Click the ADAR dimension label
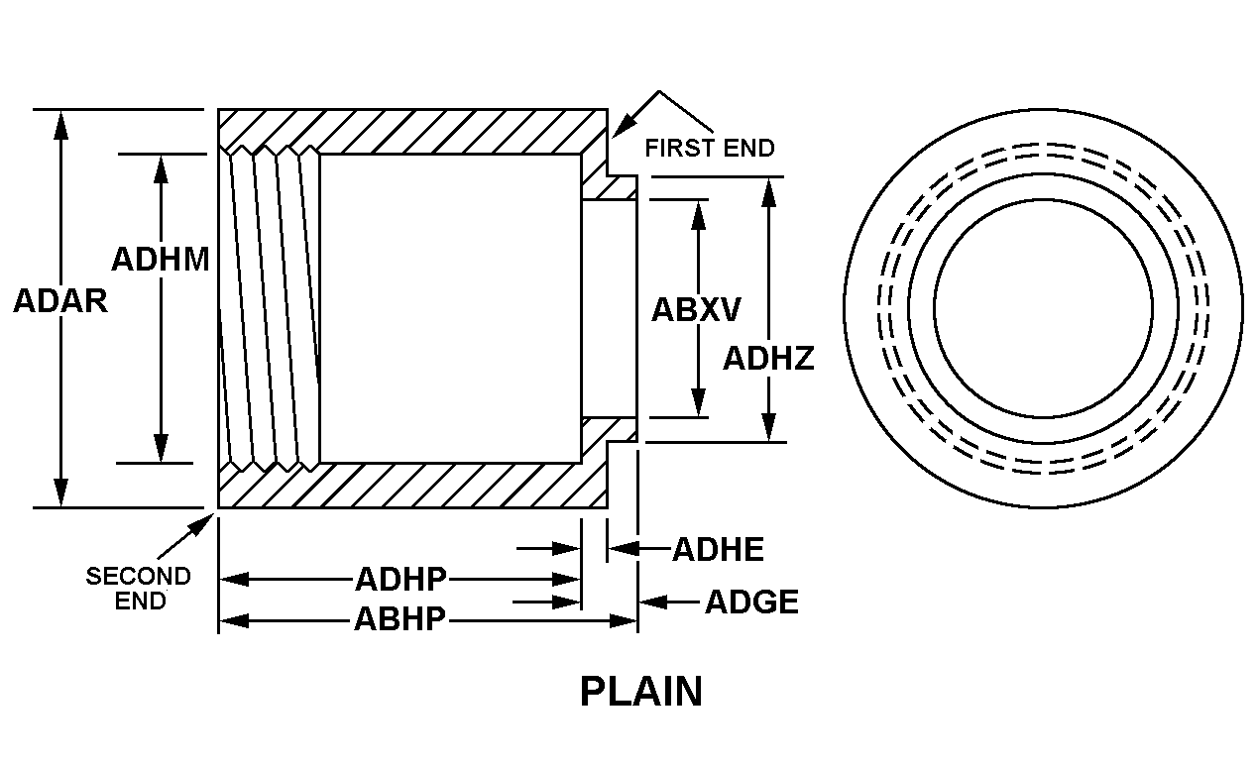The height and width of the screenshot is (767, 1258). click(59, 301)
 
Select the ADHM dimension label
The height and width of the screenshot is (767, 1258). click(160, 260)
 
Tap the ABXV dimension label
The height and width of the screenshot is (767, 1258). click(695, 310)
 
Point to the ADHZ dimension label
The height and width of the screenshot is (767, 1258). click(768, 358)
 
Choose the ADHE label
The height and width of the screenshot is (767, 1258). click(718, 549)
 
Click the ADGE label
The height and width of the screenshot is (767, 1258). click(751, 602)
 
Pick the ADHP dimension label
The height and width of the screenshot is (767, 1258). click(400, 579)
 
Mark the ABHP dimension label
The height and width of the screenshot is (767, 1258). click(400, 621)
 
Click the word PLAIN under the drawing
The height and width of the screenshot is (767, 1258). click(640, 692)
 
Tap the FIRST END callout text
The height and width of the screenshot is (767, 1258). click(710, 149)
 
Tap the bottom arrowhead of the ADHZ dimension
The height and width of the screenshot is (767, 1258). click(768, 429)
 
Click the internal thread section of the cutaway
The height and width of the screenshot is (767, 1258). click(270, 308)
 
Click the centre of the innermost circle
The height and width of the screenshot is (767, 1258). click(1043, 309)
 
